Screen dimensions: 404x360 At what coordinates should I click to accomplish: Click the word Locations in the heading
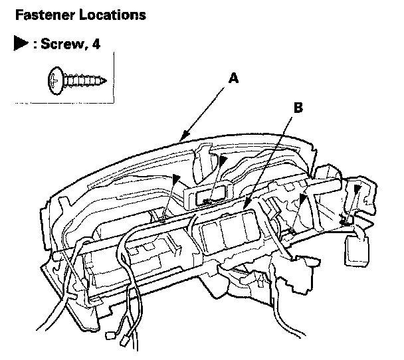(112, 15)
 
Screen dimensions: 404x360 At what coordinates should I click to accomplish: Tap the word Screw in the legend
(61, 44)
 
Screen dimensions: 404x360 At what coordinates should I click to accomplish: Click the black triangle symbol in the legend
(21, 43)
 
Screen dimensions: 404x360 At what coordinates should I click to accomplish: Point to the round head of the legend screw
(55, 80)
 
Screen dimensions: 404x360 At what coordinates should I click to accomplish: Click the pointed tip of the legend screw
(105, 81)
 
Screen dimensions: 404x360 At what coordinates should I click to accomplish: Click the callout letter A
(233, 78)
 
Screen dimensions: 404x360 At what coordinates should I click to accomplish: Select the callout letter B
(298, 108)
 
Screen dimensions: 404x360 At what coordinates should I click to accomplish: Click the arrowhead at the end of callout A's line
(185, 136)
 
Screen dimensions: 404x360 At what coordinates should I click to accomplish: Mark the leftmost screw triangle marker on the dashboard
(176, 179)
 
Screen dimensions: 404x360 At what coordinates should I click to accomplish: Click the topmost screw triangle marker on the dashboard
(223, 160)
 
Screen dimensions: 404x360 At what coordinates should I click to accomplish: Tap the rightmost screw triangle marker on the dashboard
(357, 189)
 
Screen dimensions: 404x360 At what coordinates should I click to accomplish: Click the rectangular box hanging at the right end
(357, 250)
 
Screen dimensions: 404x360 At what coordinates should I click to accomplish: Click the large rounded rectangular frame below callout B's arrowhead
(229, 230)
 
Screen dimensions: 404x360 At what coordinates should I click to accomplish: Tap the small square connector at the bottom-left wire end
(110, 335)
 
